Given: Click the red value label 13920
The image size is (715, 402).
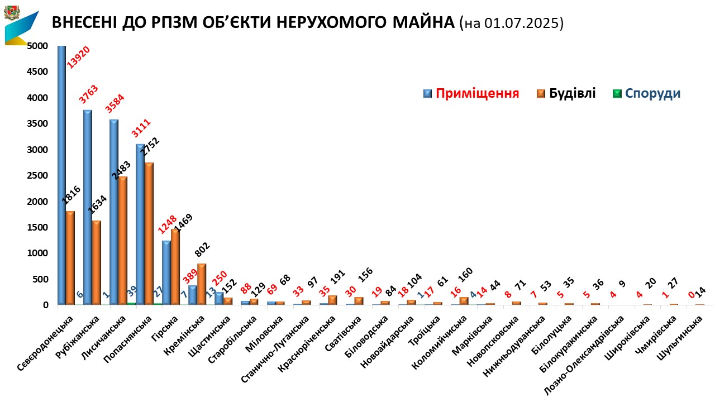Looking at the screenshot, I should (x=79, y=57).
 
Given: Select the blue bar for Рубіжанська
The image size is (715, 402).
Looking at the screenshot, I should (x=88, y=207).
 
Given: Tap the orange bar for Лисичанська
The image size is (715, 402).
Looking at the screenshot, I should (x=123, y=240).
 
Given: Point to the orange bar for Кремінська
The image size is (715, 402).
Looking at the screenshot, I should (x=202, y=284).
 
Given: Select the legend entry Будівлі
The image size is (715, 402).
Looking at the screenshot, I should (x=572, y=93).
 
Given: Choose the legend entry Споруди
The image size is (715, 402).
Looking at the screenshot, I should (x=652, y=93).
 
